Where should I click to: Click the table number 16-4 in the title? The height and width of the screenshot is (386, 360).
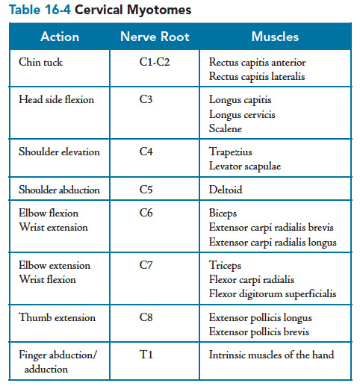[58, 10]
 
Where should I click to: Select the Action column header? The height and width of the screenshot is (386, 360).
[60, 37]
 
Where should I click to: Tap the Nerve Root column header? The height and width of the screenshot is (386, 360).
[155, 37]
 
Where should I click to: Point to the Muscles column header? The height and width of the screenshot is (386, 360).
[275, 37]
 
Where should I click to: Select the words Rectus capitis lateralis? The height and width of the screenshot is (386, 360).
[257, 76]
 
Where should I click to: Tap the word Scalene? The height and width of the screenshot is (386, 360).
[226, 128]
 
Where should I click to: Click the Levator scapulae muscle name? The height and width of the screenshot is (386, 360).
[245, 166]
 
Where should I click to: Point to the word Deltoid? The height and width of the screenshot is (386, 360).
[226, 190]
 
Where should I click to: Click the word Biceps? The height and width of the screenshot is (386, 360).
[223, 214]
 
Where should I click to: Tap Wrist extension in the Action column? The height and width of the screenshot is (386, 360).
[54, 227]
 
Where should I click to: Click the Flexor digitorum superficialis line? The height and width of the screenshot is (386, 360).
[273, 294]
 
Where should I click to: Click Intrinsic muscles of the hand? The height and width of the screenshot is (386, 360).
[271, 355]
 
